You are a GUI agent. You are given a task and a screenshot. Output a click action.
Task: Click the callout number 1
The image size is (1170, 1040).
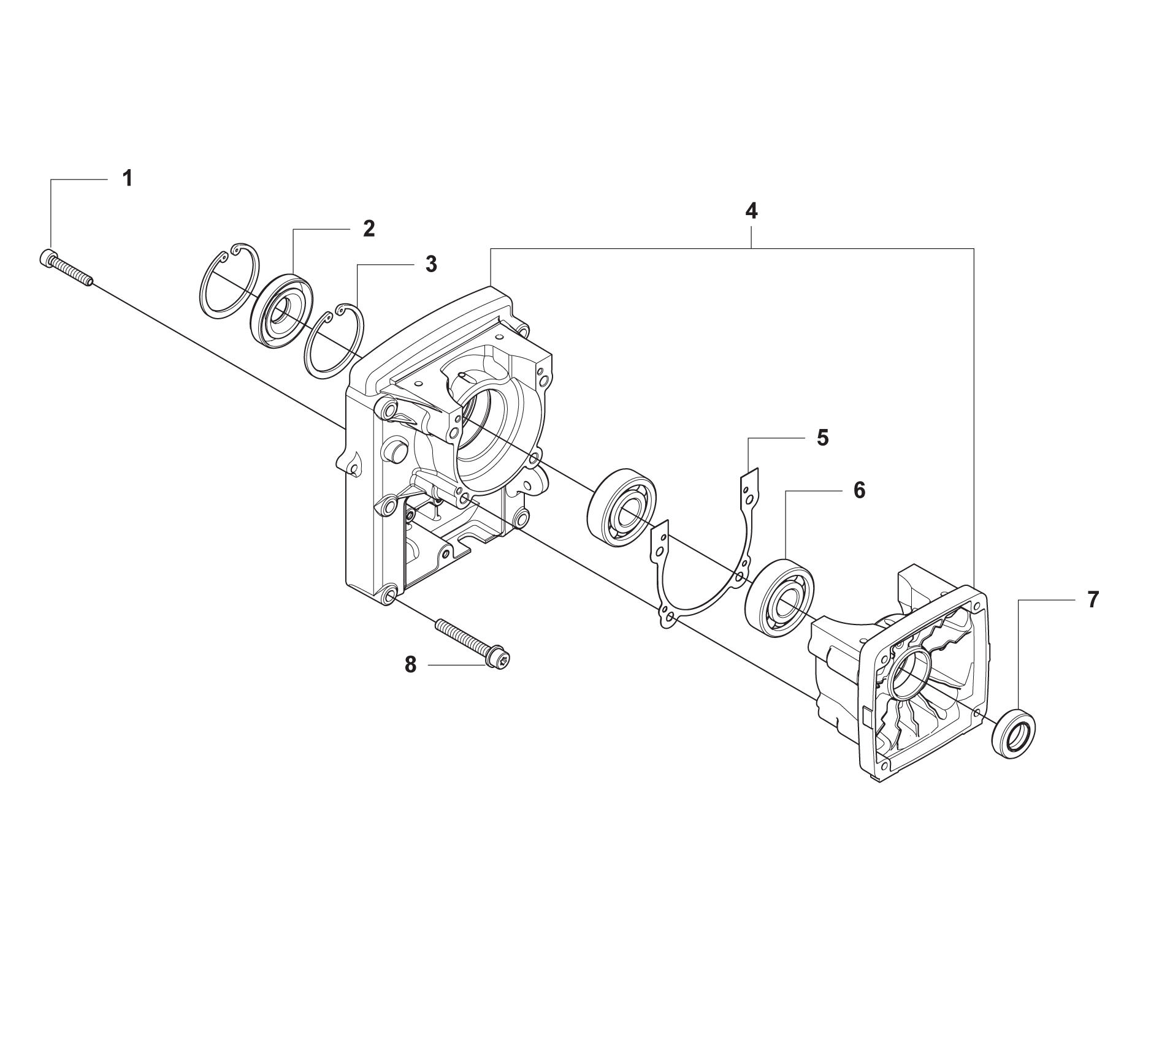coord(127,179)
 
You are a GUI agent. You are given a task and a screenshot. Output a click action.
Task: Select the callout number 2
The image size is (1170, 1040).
coord(368,229)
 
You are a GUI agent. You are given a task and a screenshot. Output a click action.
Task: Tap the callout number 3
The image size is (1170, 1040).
coord(431,265)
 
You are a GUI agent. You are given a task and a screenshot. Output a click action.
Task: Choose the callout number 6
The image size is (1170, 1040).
coord(859,490)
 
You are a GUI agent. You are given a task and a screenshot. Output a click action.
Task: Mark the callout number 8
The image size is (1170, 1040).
coord(410,664)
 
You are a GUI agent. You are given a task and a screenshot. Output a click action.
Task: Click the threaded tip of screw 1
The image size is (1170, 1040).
coord(90,280)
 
